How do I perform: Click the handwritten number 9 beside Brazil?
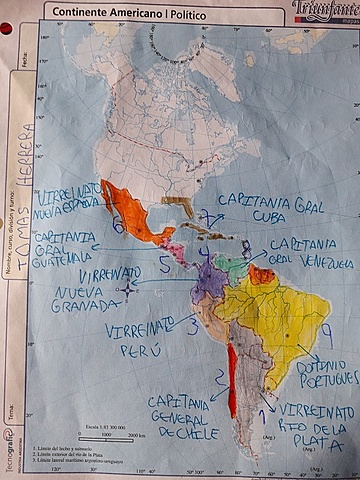pyautogui.click(x=324, y=331)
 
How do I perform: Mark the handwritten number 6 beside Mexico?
pyautogui.click(x=118, y=226)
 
